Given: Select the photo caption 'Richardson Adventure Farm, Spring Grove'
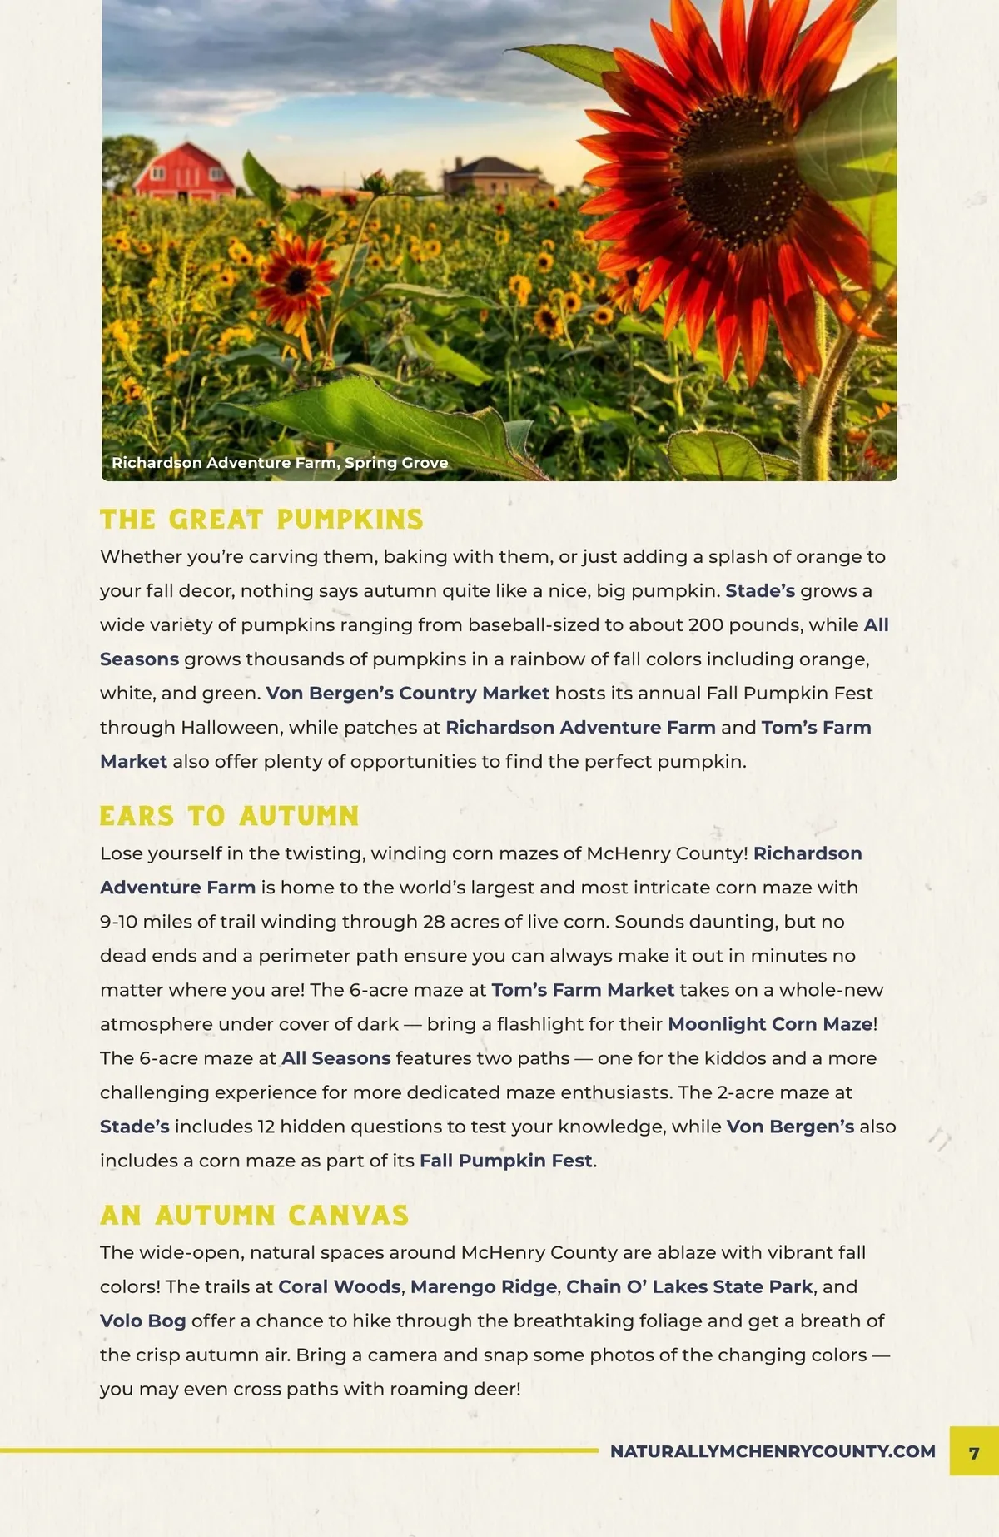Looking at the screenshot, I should (x=280, y=463).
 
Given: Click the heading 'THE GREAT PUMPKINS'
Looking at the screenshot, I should (x=261, y=520).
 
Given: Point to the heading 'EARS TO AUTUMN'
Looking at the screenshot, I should (x=229, y=816).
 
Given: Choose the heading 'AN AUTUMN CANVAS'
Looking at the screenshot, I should (x=254, y=1216).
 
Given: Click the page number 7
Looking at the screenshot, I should (x=974, y=1453).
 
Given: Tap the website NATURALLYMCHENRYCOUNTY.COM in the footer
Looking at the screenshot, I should (x=773, y=1451).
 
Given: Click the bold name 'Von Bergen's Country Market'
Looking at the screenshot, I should (x=408, y=694).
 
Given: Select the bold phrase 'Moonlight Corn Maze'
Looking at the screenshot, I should (x=770, y=1024).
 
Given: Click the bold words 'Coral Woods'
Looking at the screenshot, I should (x=339, y=1286).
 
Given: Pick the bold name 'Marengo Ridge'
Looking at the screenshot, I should (x=483, y=1286).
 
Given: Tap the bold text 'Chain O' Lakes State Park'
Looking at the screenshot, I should (x=689, y=1286).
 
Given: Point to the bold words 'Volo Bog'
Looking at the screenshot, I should (x=142, y=1321).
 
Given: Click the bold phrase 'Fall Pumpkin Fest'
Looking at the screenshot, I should (x=505, y=1161).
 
